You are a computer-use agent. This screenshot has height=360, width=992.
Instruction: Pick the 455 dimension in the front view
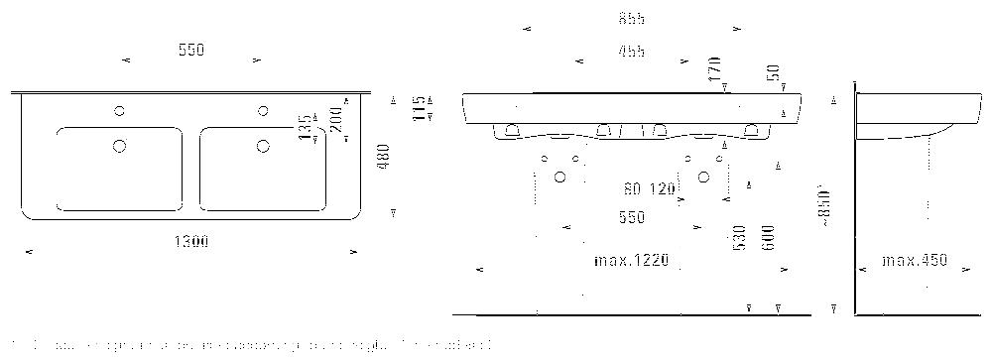[630, 52]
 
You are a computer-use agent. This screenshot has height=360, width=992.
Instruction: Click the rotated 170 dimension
[712, 70]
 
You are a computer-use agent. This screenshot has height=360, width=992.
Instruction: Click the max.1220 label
[632, 261]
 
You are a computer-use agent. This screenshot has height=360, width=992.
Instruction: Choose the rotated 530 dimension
[739, 239]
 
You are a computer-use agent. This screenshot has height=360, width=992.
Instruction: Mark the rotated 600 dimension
[769, 238]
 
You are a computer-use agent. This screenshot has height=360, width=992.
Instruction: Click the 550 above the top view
[190, 50]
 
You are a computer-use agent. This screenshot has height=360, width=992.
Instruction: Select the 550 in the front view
[631, 216]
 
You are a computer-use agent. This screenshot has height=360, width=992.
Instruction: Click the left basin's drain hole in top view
[120, 147]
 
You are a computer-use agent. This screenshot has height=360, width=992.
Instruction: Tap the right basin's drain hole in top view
[263, 147]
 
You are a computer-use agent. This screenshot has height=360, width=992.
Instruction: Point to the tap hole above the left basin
[120, 110]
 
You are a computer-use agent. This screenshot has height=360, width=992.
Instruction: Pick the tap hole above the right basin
[263, 110]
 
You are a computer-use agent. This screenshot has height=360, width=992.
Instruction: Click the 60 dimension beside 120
[632, 188]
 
